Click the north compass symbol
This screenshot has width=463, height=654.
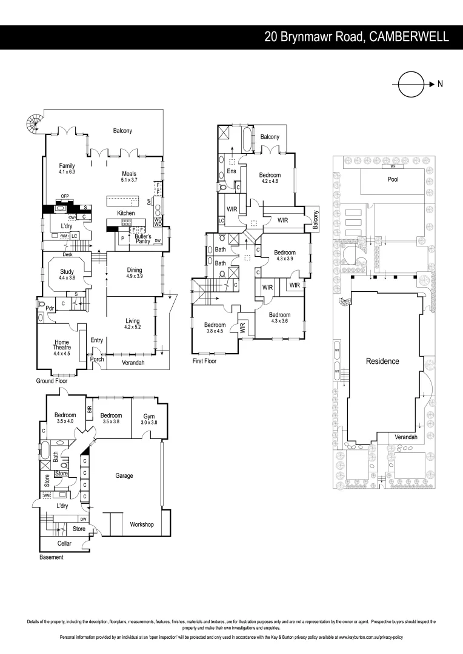pos(411,84)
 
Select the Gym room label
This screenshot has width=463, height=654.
pos(149,416)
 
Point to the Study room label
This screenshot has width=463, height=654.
pos(67,271)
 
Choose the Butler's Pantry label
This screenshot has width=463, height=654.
pos(143,239)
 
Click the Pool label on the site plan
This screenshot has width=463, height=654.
pos(393,179)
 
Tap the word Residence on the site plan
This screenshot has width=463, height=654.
pos(382,362)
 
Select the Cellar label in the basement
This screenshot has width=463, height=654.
pos(64,543)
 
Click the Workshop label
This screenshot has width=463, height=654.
pos(142,524)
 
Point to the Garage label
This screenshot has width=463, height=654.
pos(124,475)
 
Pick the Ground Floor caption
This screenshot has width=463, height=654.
pos(52,381)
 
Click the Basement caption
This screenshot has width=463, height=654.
pos(51,557)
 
